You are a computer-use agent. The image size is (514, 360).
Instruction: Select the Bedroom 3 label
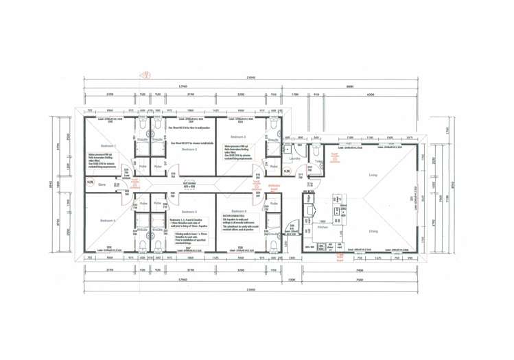pos(237,138)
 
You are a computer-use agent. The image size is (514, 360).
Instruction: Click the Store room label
pos(102,184)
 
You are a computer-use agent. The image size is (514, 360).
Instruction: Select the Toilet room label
pos(319,161)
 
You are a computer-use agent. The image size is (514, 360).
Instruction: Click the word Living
pos(373,176)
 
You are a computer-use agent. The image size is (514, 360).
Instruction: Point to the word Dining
pos(373,232)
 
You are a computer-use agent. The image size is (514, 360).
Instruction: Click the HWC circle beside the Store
pos(91,182)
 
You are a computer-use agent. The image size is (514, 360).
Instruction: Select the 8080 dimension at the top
pos(350,86)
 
